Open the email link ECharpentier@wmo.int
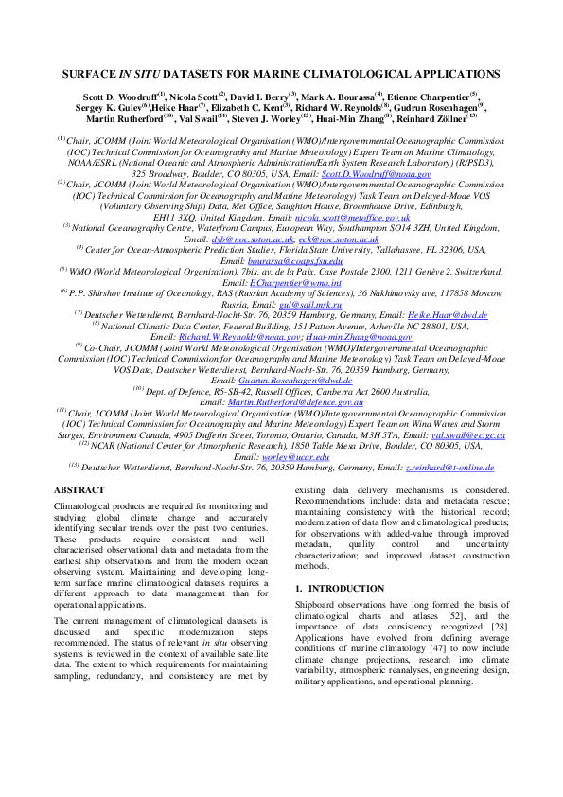coord(282,281)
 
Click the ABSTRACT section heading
coord(80,490)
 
